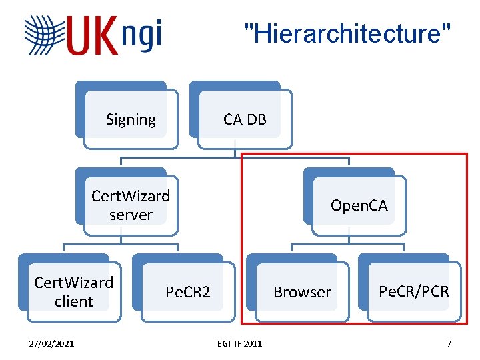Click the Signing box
pos(131,119)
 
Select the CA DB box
pos(245,119)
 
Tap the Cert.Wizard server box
pos(131,205)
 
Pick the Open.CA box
pos(359,205)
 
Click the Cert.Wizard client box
pos(73,292)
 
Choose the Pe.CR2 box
pos(188,292)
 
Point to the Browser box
pos(302,292)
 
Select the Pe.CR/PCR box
pos(414,291)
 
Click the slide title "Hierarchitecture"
pos(347,31)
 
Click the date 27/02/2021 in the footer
pos(52,343)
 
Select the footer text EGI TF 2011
pos(239,343)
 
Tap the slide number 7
pos(449,343)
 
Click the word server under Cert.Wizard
pos(131,215)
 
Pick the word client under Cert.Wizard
pos(73,301)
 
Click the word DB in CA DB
pos(256,119)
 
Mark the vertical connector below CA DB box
pos(235,153)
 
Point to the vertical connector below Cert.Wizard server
pos(121,239)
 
